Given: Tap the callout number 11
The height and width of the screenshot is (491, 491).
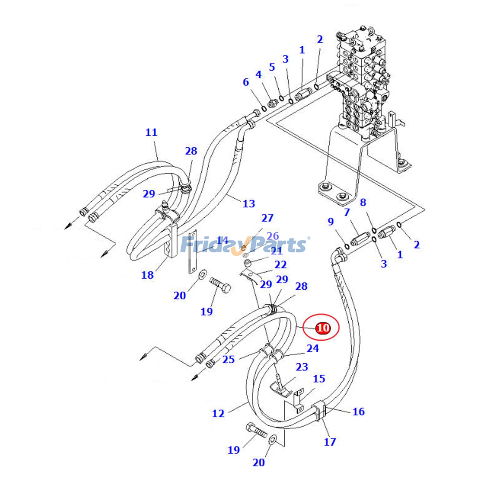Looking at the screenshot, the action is [x=151, y=133].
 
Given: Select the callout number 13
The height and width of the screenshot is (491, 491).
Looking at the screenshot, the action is [x=249, y=203].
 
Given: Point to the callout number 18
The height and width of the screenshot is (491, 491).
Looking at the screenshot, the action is [x=147, y=275].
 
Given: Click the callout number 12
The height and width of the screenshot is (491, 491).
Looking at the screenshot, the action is [x=218, y=413].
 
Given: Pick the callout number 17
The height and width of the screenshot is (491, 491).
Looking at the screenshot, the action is [x=330, y=442].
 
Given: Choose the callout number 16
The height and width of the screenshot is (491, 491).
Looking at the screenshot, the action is [x=358, y=412].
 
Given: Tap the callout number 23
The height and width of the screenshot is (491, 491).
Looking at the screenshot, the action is [x=302, y=367].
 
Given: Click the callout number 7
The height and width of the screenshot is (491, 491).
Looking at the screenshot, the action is [x=347, y=212].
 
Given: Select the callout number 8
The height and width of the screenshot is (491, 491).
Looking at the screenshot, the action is [x=363, y=203].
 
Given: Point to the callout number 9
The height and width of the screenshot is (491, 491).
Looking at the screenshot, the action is [x=331, y=222].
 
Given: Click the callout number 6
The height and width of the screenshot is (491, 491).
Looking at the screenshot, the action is [x=246, y=82].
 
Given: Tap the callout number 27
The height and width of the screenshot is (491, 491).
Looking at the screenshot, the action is [x=267, y=218].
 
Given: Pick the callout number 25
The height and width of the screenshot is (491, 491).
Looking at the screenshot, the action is [x=229, y=359].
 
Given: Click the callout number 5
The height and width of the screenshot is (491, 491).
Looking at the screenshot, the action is [x=272, y=67].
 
